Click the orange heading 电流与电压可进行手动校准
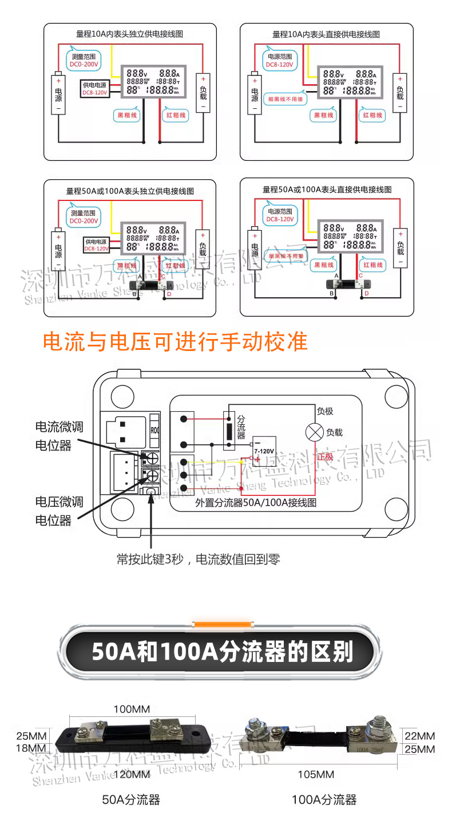tap(176, 342)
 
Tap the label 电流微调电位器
tap(59, 436)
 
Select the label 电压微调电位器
tap(59, 511)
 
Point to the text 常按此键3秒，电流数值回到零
tap(199, 559)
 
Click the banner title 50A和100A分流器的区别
tap(223, 652)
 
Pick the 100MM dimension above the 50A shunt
tap(132, 709)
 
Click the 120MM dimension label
tap(132, 775)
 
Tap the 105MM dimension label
tap(316, 775)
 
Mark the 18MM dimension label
tap(31, 748)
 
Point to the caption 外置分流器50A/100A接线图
tap(256, 503)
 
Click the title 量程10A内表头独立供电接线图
tap(130, 34)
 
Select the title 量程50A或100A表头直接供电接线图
tap(327, 189)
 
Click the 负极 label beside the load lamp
tap(325, 411)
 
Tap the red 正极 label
tap(324, 456)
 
